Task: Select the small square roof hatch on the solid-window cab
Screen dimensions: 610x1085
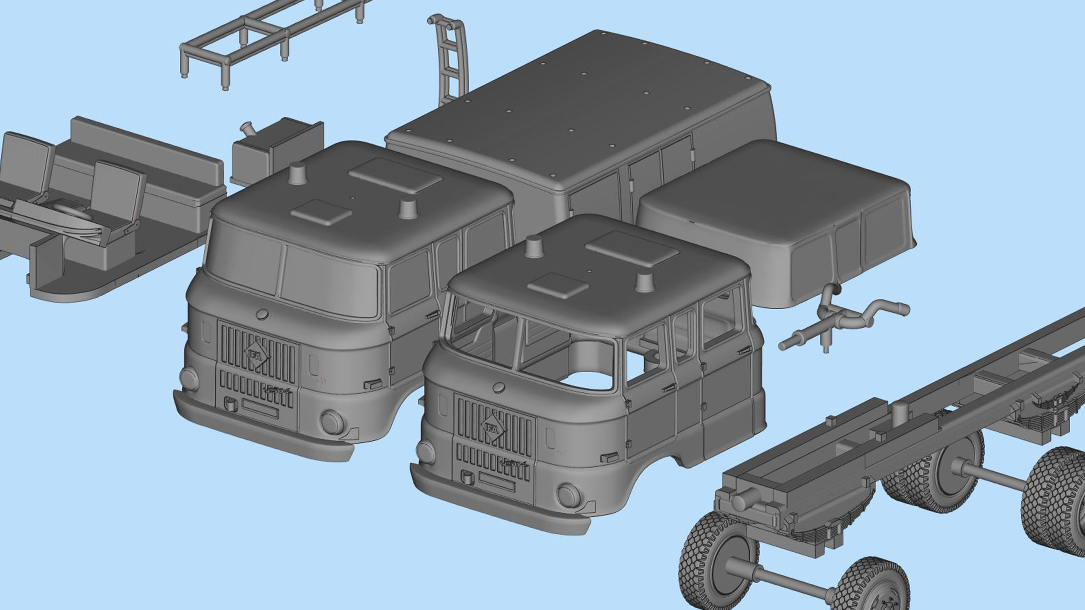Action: (321, 211)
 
